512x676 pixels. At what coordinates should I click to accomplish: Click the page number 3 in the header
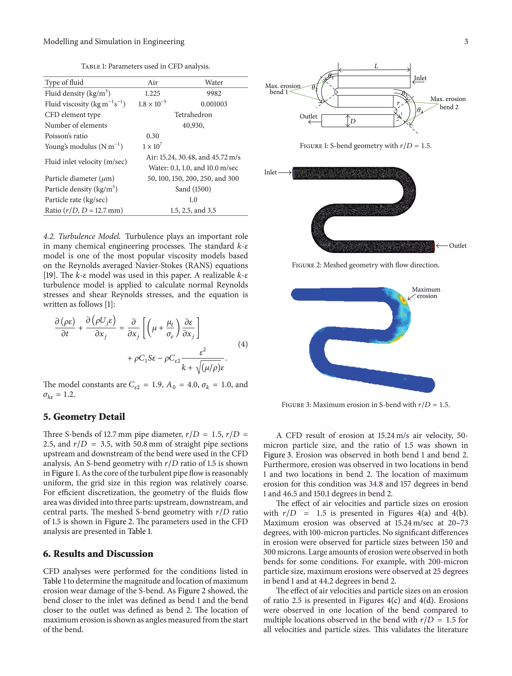tap(466, 42)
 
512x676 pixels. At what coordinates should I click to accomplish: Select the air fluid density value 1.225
tap(152, 94)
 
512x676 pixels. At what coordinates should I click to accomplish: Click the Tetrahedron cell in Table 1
tap(193, 115)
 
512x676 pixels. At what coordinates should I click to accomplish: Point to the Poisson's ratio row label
tap(66, 136)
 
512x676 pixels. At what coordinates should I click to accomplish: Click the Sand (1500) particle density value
tap(193, 189)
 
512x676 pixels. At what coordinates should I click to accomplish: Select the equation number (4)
tap(242, 344)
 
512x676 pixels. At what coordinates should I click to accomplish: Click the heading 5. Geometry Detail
tap(84, 417)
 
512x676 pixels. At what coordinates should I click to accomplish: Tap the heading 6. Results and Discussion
tap(98, 554)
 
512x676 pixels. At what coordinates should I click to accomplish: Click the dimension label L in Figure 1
tap(376, 66)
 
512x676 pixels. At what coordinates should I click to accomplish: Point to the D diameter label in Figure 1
tap(353, 121)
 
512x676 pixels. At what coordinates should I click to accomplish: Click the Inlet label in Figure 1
tap(420, 78)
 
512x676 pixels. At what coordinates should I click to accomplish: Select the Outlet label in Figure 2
tap(457, 246)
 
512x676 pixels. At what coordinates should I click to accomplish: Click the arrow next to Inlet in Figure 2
tap(285, 173)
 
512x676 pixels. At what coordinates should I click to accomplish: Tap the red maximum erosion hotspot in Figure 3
tap(403, 300)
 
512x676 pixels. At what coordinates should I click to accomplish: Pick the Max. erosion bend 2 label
tap(448, 103)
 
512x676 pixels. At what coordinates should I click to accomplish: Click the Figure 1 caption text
tap(365, 146)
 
